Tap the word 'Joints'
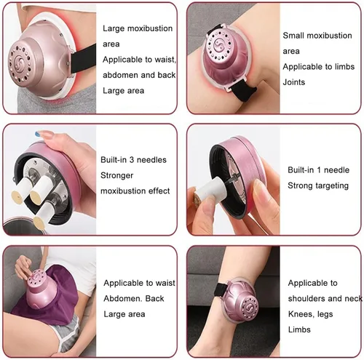(x=294, y=82)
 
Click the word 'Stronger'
(x=116, y=175)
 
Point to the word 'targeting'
(x=332, y=186)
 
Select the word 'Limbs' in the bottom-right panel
(x=299, y=329)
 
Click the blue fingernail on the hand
(x=39, y=133)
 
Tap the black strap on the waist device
(x=83, y=59)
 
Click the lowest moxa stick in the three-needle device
(x=45, y=213)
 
